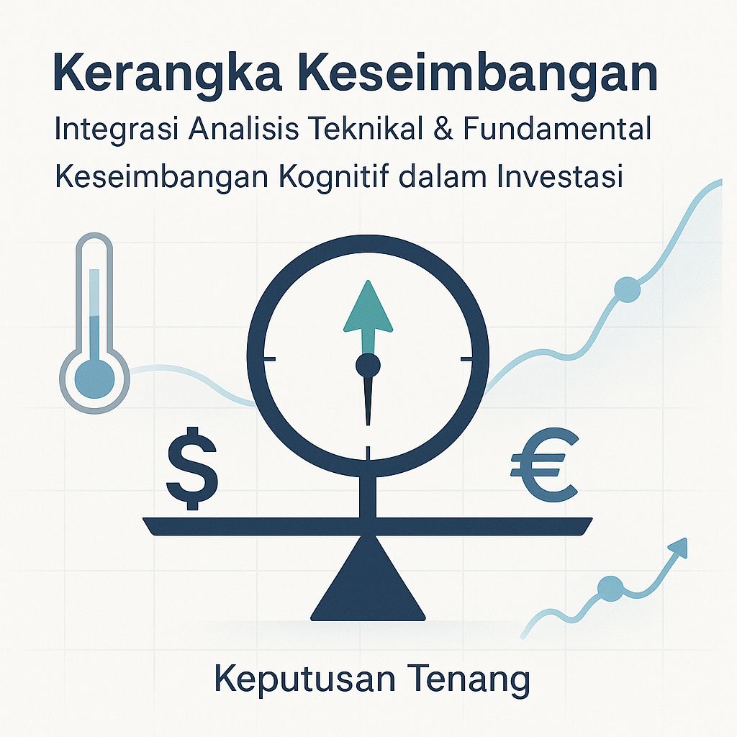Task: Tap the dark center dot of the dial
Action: [368, 366]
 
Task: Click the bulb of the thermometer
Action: [94, 374]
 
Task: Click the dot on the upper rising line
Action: [626, 289]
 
